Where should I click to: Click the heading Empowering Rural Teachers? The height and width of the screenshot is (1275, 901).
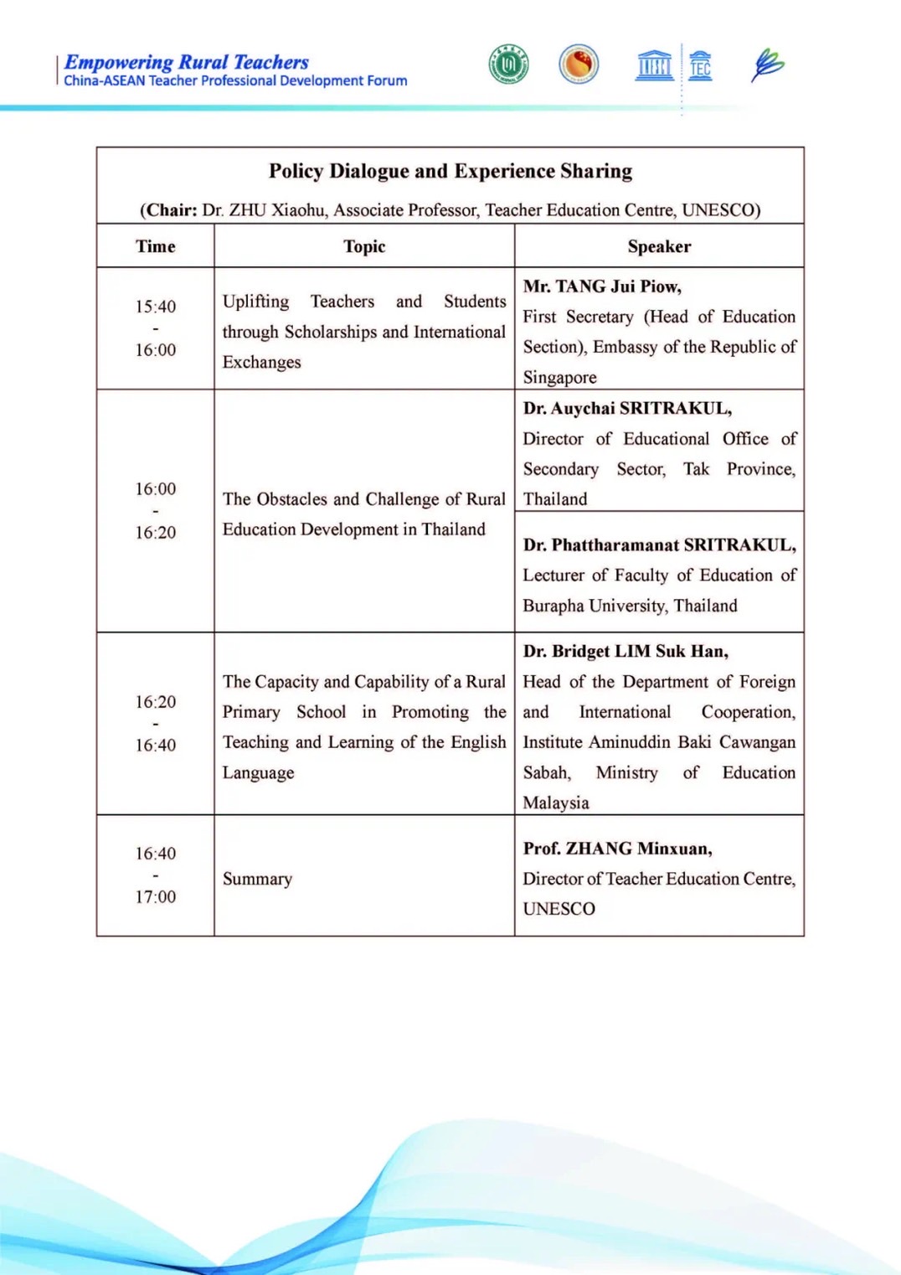pos(186,62)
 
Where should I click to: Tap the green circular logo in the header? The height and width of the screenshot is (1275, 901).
pos(508,65)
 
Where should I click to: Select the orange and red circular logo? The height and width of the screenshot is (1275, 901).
pos(579,64)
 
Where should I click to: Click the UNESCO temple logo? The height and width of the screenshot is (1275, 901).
pos(654,65)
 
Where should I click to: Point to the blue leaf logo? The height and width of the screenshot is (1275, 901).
pos(767,65)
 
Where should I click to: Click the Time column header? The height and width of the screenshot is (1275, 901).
pos(156,246)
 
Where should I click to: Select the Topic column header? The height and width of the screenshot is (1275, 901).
pos(364,246)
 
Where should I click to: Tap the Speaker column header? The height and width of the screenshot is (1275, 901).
pos(659,246)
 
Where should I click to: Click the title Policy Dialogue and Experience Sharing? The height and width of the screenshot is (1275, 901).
pos(450,171)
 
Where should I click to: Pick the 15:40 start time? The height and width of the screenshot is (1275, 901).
pos(156,307)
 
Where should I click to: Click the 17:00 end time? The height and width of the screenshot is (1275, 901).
pos(156,896)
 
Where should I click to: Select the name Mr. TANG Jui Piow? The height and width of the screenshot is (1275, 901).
pos(602,286)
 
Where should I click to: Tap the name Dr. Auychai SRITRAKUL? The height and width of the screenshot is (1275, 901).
pos(627,408)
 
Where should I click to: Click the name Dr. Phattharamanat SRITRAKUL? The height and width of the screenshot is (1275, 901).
pos(660,545)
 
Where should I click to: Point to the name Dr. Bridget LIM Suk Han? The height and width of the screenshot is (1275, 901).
pos(626,651)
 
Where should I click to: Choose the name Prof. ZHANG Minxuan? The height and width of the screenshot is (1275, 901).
pos(617,849)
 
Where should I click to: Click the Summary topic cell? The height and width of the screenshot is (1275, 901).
pos(257,879)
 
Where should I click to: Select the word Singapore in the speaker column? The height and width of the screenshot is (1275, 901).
pos(559,377)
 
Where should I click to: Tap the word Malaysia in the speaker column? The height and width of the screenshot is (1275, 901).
pos(556,803)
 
